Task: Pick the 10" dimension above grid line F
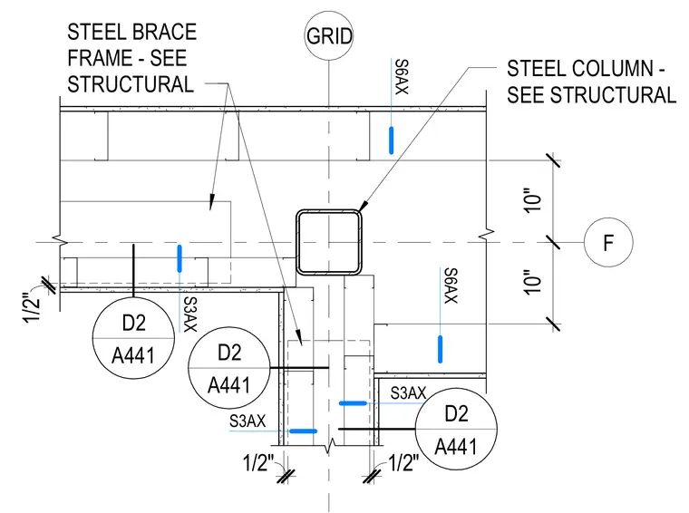tap(532, 200)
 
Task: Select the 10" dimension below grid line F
tap(532, 283)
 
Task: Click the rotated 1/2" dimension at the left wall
tap(32, 307)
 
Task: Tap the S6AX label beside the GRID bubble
tap(402, 77)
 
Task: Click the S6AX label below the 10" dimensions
tap(451, 286)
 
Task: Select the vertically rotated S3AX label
tap(190, 315)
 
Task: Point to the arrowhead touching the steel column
tap(363, 207)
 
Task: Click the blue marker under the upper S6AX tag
tap(391, 140)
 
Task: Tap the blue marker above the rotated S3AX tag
tap(180, 258)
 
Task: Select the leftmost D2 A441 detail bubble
tap(133, 339)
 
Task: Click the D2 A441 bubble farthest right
tap(456, 429)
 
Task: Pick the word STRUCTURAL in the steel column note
tap(614, 95)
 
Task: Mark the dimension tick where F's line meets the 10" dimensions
tap(553, 242)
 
